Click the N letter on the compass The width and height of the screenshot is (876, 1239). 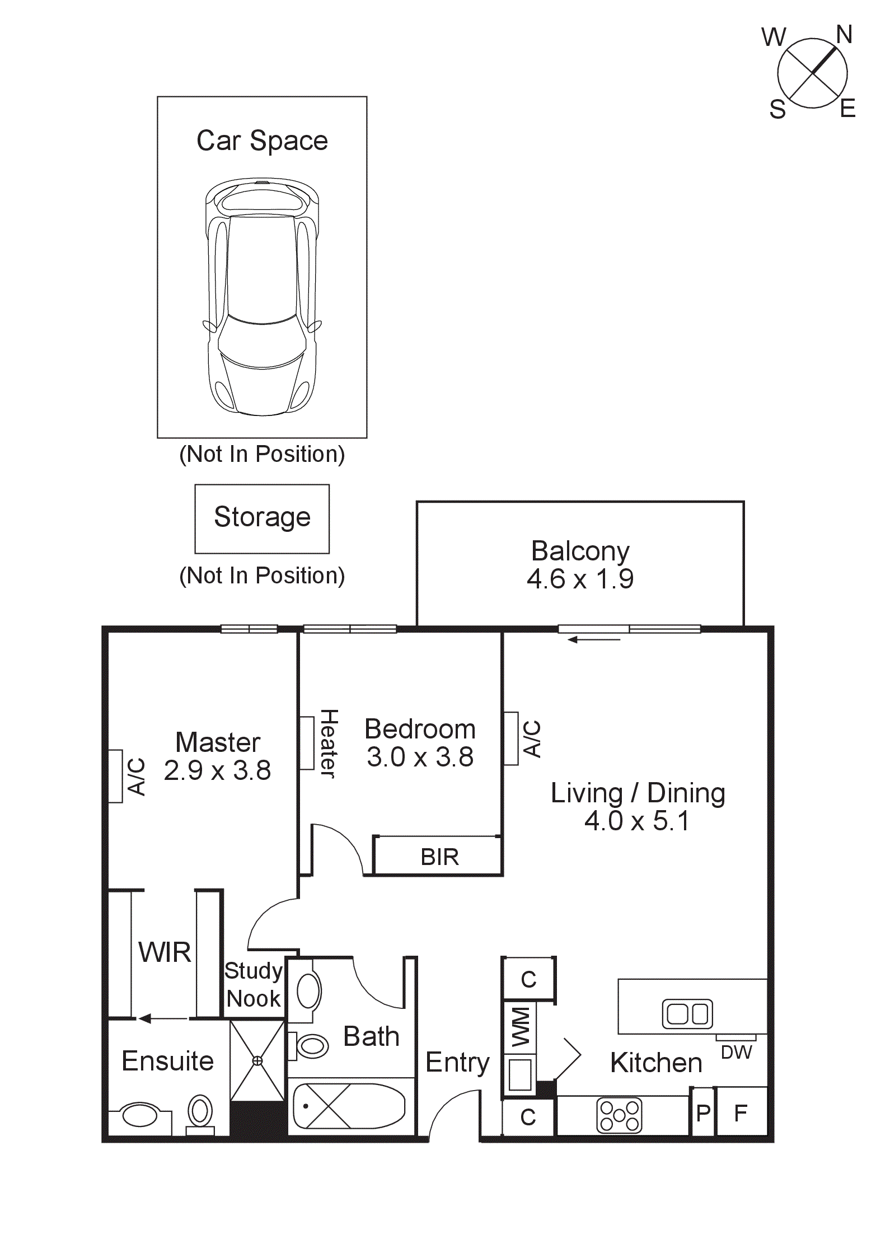[844, 35]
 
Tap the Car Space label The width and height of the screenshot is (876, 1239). [262, 141]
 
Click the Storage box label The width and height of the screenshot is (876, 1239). [262, 517]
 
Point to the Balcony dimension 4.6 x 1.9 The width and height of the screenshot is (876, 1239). [580, 579]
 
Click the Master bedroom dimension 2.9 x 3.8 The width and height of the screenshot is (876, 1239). [217, 770]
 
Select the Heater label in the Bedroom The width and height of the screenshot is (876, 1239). [329, 743]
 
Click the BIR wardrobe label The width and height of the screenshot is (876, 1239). [439, 857]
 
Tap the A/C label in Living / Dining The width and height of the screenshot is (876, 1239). [532, 739]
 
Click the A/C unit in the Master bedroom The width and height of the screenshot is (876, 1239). [116, 777]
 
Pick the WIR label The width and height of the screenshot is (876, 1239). [165, 952]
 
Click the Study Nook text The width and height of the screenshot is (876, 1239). [253, 985]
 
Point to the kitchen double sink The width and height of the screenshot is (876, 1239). [687, 1014]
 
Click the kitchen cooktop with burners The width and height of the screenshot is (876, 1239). [619, 1116]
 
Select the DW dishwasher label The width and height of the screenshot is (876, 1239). [736, 1053]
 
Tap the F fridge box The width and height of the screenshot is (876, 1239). [741, 1113]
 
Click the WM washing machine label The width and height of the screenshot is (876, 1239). [520, 1027]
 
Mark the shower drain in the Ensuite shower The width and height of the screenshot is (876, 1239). [257, 1060]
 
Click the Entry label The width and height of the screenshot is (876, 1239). [457, 1062]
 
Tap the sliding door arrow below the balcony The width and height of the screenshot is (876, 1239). [594, 639]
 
